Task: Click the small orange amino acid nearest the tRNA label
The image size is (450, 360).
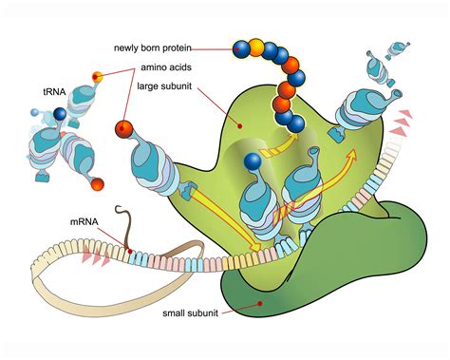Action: click(x=97, y=75)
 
